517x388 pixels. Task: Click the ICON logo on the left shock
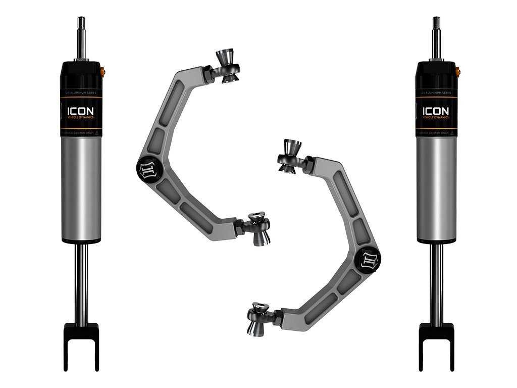81,110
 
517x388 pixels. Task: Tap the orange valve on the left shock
105,70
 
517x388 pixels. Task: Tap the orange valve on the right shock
459,70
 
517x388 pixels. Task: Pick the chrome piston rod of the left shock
81,283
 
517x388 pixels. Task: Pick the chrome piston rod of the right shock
436,283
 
